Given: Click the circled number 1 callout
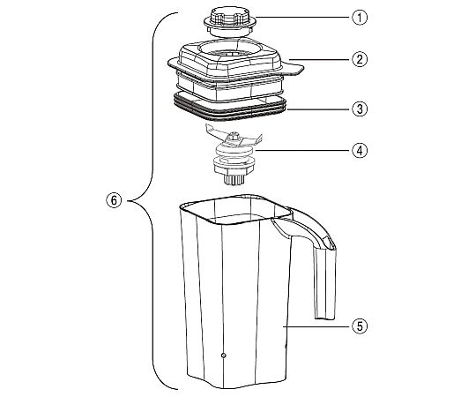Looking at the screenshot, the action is [x=360, y=18].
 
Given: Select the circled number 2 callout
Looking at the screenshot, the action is [x=360, y=59].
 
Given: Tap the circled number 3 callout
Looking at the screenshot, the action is [x=360, y=109].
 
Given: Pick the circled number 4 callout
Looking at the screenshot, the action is [x=360, y=150].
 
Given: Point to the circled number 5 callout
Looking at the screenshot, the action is [x=360, y=326].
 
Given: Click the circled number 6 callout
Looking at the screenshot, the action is [x=114, y=200].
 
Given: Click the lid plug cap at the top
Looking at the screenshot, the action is [x=230, y=22].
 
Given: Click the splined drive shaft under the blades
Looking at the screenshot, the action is [x=234, y=179].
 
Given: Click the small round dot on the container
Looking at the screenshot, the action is [x=223, y=355].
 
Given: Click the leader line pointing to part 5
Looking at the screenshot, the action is [x=317, y=326].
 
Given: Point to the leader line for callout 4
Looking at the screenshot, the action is [x=303, y=150].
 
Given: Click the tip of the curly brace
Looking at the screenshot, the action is [x=128, y=201].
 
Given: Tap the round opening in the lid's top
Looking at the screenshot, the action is [x=230, y=49].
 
